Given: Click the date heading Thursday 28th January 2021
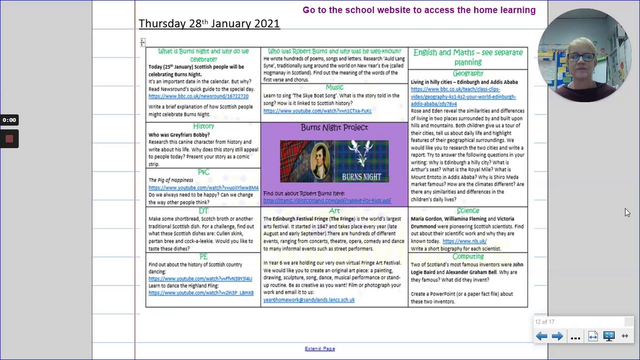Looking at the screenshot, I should (209, 23).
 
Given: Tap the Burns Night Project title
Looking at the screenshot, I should (334, 127).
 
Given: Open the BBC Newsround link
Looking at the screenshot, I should (198, 96).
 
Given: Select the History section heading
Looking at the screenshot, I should (203, 126).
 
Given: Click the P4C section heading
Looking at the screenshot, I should (203, 172).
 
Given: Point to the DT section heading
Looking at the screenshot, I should (203, 211).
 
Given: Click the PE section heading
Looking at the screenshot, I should (203, 256).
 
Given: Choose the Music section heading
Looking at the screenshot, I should (334, 87).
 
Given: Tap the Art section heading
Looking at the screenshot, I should (334, 211).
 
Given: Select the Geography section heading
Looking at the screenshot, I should (468, 73).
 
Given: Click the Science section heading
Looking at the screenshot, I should (468, 211).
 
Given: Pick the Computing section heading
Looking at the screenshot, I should (468, 256).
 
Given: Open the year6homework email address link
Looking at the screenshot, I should (309, 300).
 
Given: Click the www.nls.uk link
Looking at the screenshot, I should (464, 241).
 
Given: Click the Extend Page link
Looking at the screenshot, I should (320, 348).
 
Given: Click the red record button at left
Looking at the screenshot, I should (9, 139).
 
